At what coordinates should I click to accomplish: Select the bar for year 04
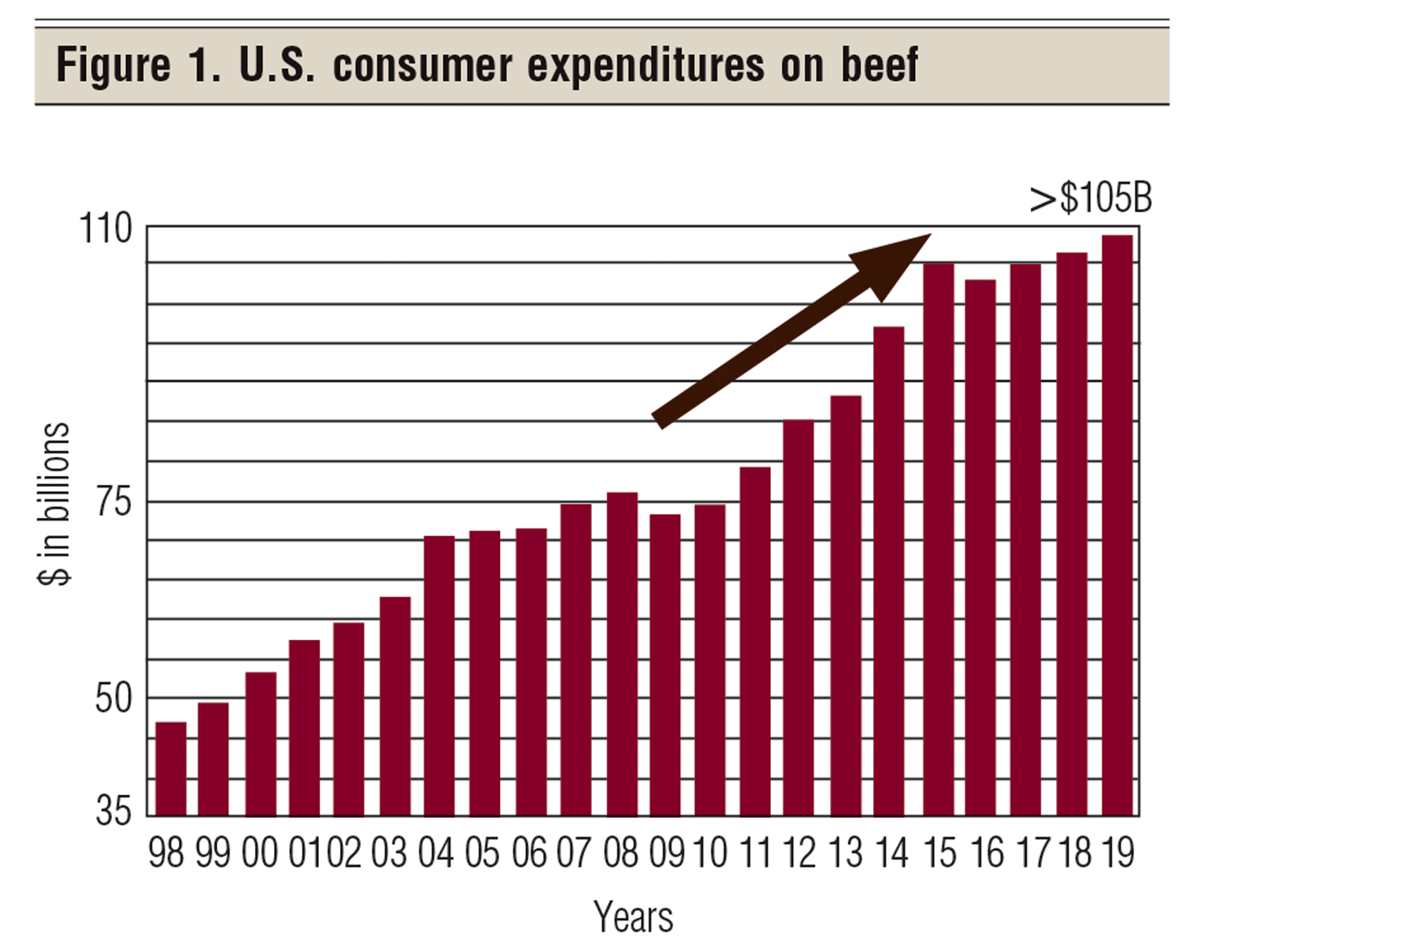[x=439, y=676]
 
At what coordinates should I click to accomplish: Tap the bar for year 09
[x=665, y=665]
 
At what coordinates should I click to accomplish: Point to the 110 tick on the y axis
[x=106, y=229]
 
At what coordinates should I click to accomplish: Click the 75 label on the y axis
[x=113, y=503]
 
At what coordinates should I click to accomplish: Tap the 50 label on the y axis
[x=113, y=698]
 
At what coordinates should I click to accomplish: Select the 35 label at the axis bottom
[x=113, y=812]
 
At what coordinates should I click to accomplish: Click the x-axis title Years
[x=633, y=916]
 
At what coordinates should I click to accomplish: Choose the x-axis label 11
[x=755, y=853]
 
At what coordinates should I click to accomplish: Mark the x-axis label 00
[x=260, y=853]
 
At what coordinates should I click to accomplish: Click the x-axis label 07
[x=574, y=853]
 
